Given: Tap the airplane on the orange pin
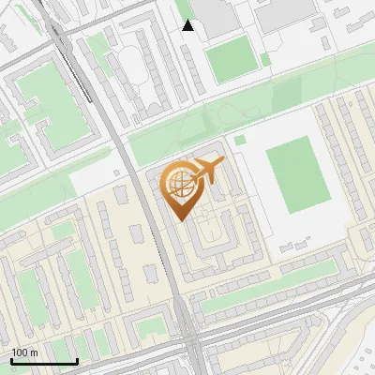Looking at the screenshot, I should coord(207,171).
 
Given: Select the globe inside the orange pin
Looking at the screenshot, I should coord(179,184).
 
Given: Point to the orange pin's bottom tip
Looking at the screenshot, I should coord(180,217).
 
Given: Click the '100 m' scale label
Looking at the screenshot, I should coord(24,352).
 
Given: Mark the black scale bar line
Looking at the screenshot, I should coord(44,361).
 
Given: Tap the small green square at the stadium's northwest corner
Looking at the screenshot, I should coord(240,140).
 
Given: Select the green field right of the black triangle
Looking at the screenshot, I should coord(230,60).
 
